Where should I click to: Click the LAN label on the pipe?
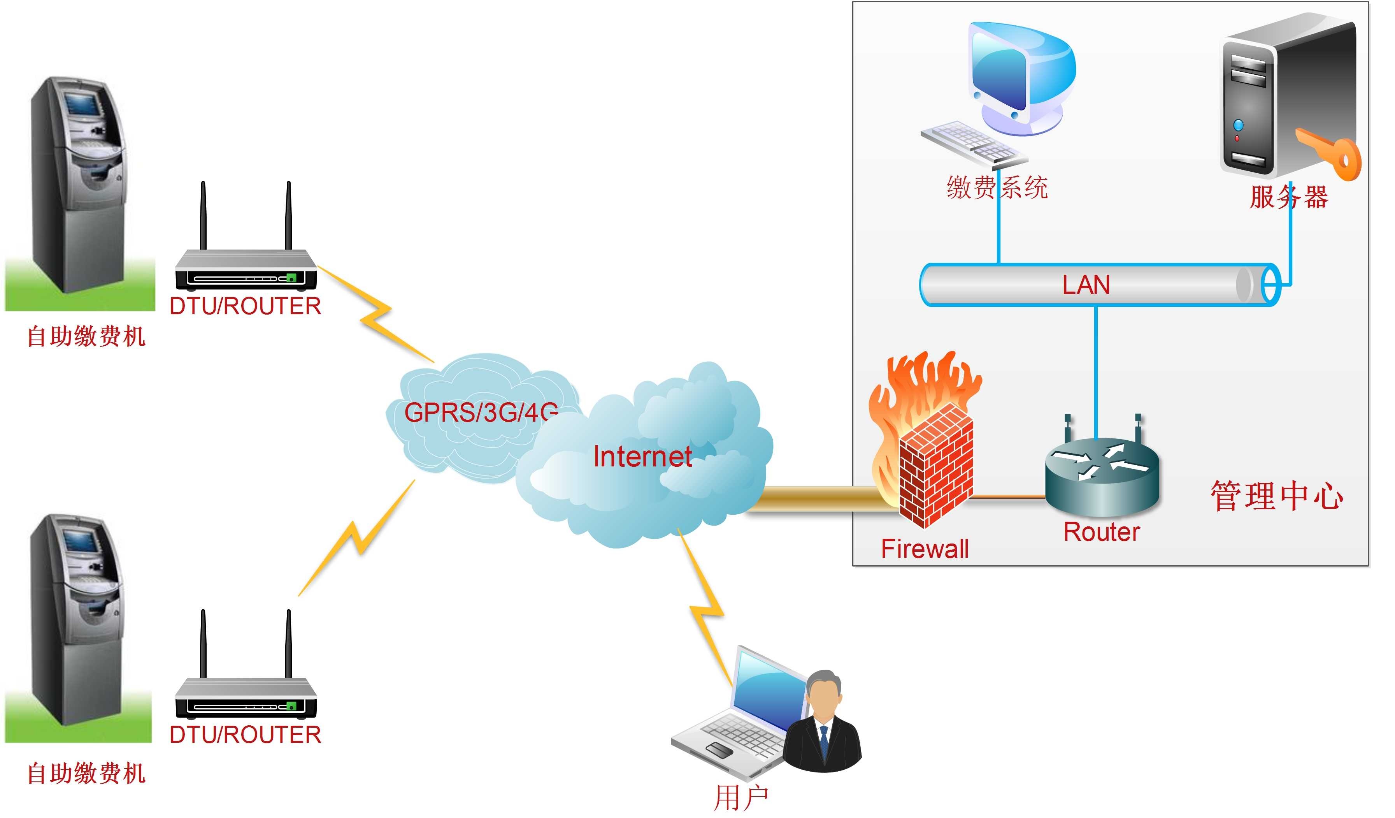click(x=1086, y=285)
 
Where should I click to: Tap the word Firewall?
click(x=925, y=549)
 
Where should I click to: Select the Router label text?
click(x=1102, y=532)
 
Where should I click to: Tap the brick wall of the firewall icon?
click(x=935, y=465)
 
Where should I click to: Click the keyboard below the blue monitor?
click(x=974, y=146)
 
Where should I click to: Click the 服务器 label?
click(x=1289, y=197)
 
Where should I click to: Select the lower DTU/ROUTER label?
click(x=245, y=735)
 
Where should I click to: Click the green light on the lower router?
click(x=291, y=706)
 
